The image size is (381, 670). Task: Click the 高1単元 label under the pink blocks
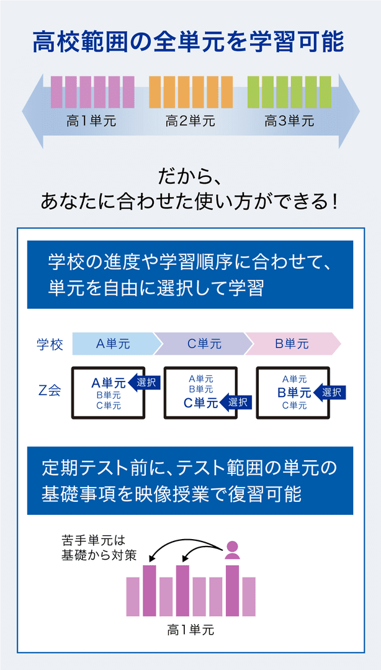91,122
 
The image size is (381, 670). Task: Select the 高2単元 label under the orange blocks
190,122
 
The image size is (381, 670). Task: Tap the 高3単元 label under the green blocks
289,122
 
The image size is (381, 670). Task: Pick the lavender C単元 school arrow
204,344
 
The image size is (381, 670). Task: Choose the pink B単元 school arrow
292,344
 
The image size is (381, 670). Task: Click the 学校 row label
50,344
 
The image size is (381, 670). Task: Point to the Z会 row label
50,391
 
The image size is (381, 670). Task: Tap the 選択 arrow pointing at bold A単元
144,382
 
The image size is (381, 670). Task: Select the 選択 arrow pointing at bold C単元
236,402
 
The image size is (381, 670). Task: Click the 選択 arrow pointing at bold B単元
329,392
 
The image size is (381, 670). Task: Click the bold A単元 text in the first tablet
109,383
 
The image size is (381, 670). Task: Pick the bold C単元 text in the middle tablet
201,403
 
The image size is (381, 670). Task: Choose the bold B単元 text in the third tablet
294,392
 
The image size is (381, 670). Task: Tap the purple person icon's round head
232,547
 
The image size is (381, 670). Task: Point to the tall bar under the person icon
232,591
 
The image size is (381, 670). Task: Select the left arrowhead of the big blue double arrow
33,111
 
